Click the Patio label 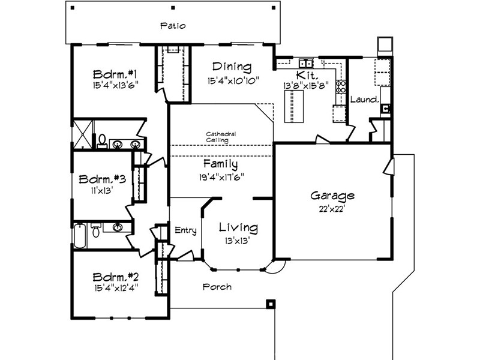(173, 26)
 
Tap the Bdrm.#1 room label (115, 74)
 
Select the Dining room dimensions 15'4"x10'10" (233, 81)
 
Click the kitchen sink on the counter (306, 63)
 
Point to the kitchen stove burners (341, 86)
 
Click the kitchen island (294, 106)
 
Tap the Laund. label (365, 99)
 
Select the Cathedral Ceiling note (221, 137)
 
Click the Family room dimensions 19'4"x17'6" (221, 177)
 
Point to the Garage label (332, 196)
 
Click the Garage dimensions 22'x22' (332, 209)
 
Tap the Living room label (238, 227)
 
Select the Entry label (185, 230)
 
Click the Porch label (217, 287)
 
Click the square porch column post (271, 304)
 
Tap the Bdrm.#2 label (116, 277)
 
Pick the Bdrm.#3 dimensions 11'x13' (102, 191)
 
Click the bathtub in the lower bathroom (80, 235)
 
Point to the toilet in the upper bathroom (102, 142)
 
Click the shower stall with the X (83, 134)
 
